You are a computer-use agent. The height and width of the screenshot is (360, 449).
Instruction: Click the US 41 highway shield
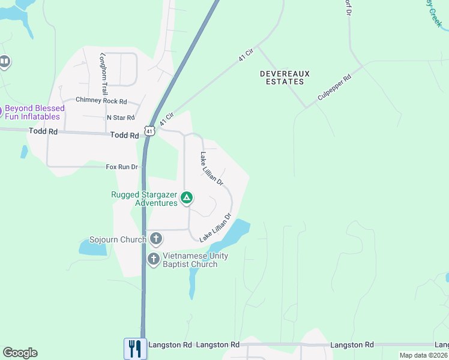pyautogui.click(x=149, y=130)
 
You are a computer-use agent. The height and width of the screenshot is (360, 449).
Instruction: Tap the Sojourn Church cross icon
pyautogui.click(x=155, y=239)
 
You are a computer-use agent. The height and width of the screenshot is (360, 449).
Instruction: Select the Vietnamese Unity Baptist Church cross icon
pyautogui.click(x=154, y=259)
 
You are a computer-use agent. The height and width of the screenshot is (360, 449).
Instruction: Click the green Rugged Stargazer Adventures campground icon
pyautogui.click(x=187, y=197)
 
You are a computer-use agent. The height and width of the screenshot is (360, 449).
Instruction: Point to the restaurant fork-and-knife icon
pyautogui.click(x=135, y=348)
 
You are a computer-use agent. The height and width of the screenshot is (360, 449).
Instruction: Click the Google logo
pyautogui.click(x=20, y=353)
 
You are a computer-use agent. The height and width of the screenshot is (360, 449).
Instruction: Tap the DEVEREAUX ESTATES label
pyautogui.click(x=285, y=77)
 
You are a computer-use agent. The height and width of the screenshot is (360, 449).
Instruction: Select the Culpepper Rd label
pyautogui.click(x=334, y=88)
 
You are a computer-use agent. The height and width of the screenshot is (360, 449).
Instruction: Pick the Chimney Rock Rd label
pyautogui.click(x=101, y=101)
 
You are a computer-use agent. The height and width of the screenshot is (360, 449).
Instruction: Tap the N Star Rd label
pyautogui.click(x=121, y=118)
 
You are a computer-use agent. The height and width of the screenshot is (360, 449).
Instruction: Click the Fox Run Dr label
pyautogui.click(x=122, y=167)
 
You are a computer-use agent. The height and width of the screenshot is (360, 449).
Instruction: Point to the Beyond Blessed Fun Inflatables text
pyautogui.click(x=32, y=112)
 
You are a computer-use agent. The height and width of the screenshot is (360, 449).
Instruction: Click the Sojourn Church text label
pyautogui.click(x=118, y=240)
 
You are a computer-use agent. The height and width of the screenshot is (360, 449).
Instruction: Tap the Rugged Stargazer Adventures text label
pyautogui.click(x=144, y=199)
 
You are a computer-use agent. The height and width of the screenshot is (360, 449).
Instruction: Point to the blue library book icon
pyautogui.click(x=4, y=61)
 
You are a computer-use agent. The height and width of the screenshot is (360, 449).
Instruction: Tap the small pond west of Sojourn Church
pyautogui.click(x=92, y=247)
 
